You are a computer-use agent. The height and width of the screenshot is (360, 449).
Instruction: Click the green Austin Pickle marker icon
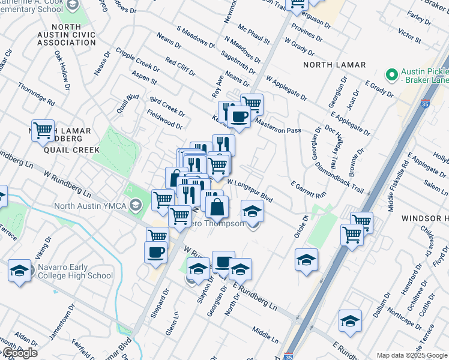tap(392, 75)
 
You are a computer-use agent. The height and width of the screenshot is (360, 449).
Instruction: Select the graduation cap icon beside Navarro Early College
tap(20, 271)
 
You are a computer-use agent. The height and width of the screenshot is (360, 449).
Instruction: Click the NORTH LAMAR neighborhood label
tap(330, 64)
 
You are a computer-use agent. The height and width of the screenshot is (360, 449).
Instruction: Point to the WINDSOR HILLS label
tap(425, 218)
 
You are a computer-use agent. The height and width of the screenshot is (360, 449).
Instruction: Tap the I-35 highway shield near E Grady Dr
tap(425, 104)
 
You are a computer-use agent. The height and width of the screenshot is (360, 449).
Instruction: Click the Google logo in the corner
tap(19, 353)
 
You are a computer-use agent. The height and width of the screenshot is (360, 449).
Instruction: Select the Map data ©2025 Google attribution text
tap(411, 355)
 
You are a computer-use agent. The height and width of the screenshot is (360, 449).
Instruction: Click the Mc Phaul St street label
tap(254, 34)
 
